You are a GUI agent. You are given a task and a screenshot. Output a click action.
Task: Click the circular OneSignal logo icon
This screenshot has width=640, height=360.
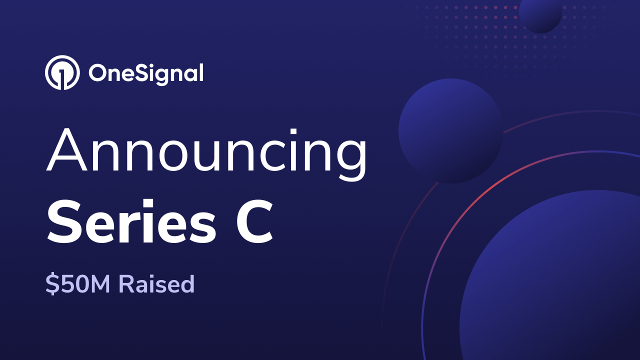point(62,73)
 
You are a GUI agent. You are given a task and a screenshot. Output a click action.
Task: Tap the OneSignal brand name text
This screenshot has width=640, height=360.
point(146,73)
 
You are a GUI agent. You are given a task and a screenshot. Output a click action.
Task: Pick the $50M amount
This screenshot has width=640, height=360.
point(79,284)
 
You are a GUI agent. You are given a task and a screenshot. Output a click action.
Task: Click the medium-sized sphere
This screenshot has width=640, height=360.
point(450,131)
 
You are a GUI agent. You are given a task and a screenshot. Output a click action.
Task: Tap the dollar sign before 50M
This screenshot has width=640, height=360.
point(51,284)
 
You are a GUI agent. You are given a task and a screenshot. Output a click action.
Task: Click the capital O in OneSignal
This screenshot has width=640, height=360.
point(99,73)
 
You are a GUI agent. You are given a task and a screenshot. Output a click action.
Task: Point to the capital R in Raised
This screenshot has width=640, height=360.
point(126,284)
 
